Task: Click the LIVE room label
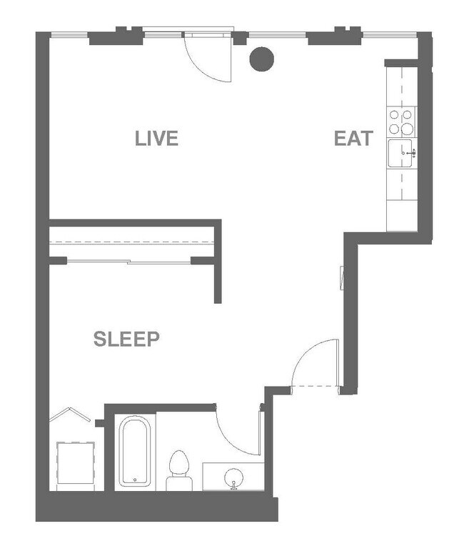[x=156, y=138]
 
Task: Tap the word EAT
[x=353, y=138]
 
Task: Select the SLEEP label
[x=126, y=339]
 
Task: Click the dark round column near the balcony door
[x=261, y=59]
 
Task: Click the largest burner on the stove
[x=407, y=129]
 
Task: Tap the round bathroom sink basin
[x=233, y=477]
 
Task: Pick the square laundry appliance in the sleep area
[x=76, y=463]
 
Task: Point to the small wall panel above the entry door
[x=342, y=277]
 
